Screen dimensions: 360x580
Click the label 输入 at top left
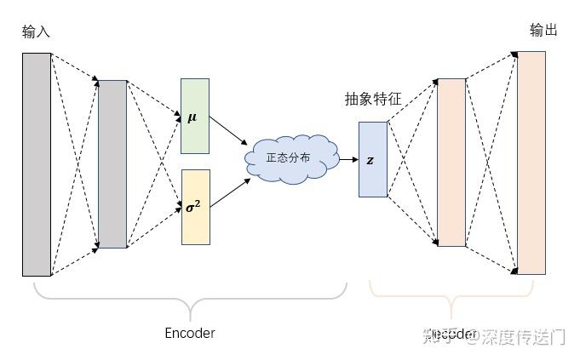coord(36,32)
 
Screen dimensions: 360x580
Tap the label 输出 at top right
coord(543,31)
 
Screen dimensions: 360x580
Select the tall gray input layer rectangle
coord(37,164)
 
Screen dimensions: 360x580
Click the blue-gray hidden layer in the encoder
coord(112,163)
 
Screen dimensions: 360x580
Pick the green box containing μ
coord(194,116)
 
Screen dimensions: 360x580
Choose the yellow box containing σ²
coord(195,207)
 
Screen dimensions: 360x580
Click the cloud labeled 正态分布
coord(288,157)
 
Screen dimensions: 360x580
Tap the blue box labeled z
coord(372,159)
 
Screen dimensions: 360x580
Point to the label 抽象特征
coord(372,100)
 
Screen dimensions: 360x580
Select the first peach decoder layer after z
coord(451,162)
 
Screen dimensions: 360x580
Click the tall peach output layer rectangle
coord(531,163)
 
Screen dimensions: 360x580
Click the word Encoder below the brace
coord(189,333)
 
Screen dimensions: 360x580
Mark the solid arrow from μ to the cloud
coord(227,130)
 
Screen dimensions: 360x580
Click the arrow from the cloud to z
coord(347,159)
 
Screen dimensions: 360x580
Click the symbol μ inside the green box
coord(192,117)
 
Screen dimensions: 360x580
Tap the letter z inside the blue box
coord(370,160)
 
